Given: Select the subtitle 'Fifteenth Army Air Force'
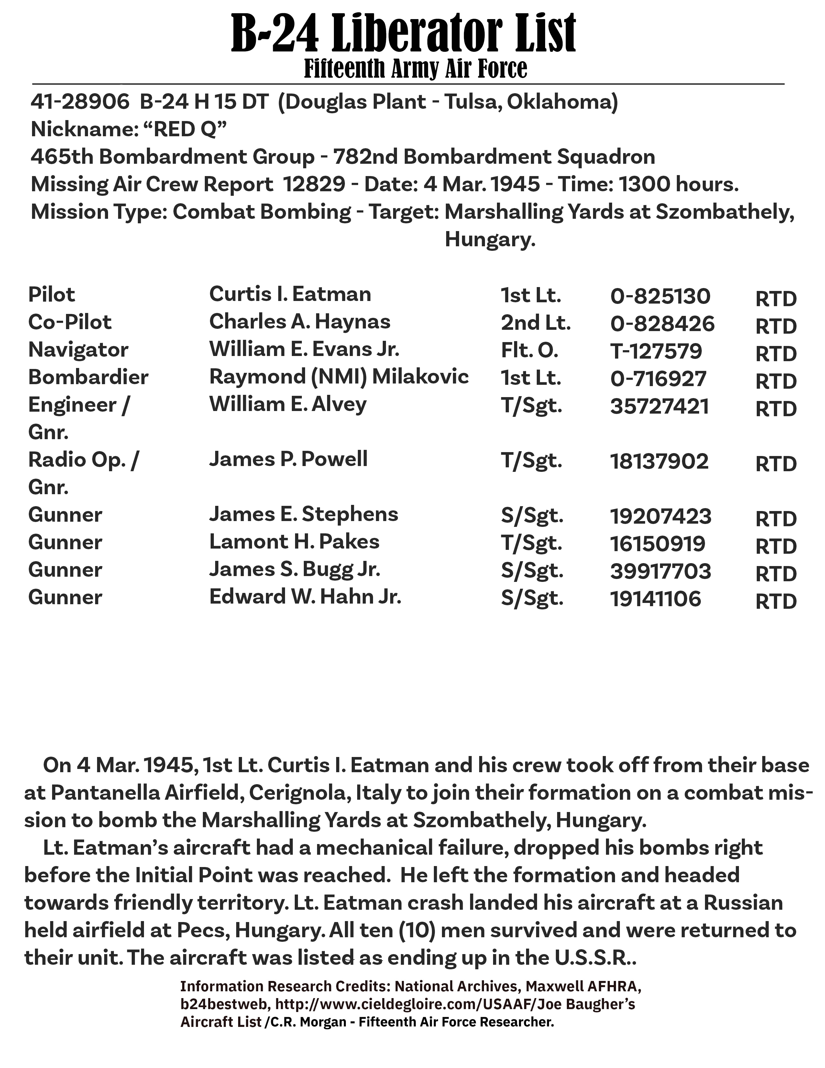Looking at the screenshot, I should [415, 69].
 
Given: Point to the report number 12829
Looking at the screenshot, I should [313, 184].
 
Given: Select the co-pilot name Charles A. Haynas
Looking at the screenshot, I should [300, 322].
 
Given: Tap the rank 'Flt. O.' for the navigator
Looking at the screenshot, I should [529, 350].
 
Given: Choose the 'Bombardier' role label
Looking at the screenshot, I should [88, 377].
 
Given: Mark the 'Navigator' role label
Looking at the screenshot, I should [78, 350].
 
